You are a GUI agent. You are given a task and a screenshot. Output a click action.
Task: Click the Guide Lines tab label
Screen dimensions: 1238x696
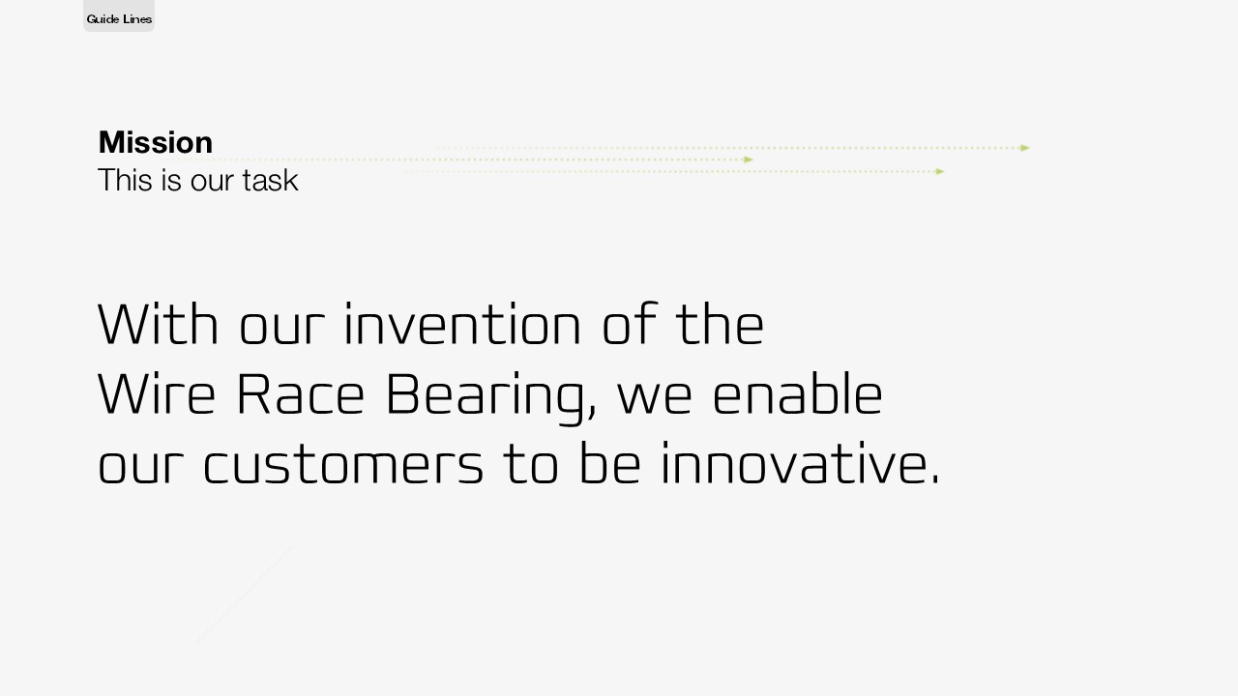coord(119,19)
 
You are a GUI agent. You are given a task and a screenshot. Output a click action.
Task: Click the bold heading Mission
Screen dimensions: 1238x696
coord(156,142)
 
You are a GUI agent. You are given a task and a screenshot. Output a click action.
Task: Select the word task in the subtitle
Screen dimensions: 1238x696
coord(270,180)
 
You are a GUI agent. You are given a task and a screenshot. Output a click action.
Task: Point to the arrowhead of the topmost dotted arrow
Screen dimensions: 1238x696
coord(1025,148)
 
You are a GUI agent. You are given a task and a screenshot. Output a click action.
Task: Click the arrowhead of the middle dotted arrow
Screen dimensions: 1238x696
coord(749,159)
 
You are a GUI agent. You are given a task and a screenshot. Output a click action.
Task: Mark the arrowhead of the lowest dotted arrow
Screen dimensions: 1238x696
coord(939,172)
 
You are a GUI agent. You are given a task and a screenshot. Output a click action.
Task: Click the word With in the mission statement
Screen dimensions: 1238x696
coord(158,324)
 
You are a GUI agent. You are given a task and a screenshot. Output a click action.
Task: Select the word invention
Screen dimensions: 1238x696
coord(462,324)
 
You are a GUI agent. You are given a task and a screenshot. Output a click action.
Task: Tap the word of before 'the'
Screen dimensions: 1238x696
coord(630,324)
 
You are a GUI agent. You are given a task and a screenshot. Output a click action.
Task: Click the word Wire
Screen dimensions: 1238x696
coord(157,393)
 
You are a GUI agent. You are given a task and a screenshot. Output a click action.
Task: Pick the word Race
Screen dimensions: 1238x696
coord(301,393)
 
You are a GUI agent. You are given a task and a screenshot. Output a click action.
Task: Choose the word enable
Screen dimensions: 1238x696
coord(798,393)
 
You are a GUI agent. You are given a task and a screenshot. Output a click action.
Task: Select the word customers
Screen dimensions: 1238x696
coord(343,464)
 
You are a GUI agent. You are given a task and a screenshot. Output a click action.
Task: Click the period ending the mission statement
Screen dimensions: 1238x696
coord(934,480)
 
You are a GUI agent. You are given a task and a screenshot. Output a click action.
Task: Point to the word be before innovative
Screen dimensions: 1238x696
coord(610,463)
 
